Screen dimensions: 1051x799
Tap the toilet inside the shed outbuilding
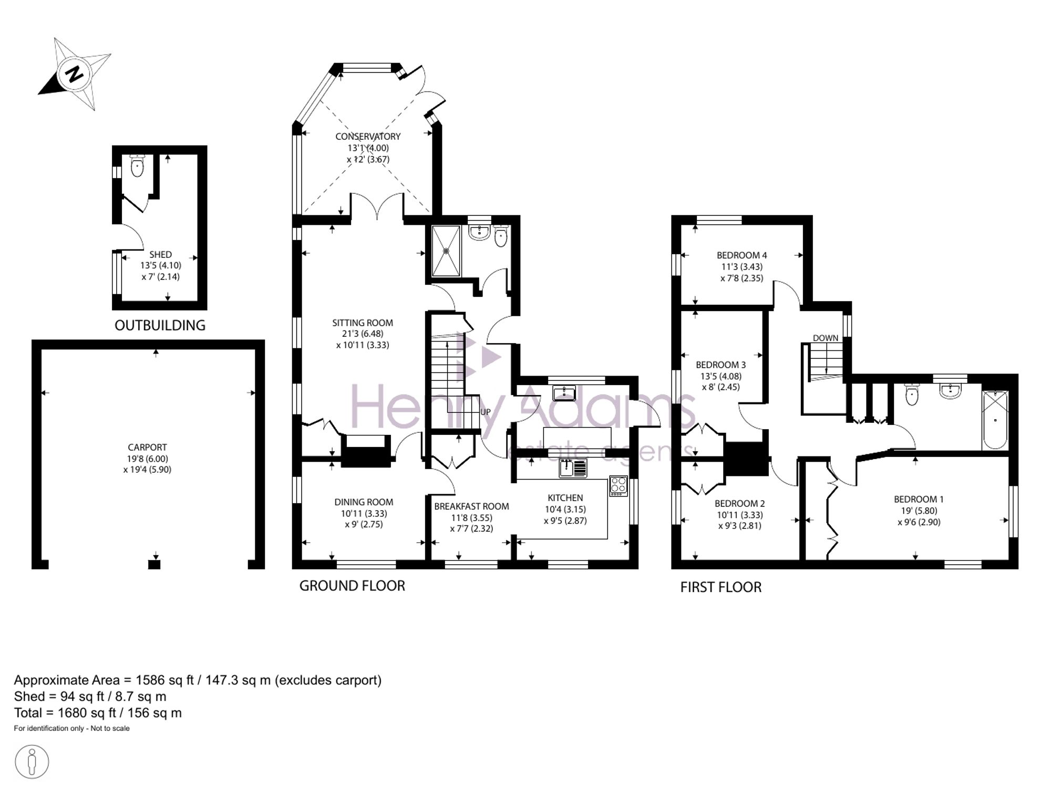tap(137, 165)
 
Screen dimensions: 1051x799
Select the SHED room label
tap(160, 254)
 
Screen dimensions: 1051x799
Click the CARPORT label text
tap(147, 447)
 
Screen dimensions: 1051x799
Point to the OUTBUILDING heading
tap(160, 325)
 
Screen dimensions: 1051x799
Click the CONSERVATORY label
tap(368, 137)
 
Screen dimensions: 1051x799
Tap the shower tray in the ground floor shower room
tap(446, 251)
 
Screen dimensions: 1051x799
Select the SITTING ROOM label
tap(363, 323)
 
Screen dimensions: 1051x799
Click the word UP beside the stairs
tap(485, 412)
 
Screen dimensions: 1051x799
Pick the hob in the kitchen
tap(619, 486)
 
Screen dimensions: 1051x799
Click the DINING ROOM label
tap(364, 502)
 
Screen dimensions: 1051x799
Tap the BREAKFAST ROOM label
tap(471, 506)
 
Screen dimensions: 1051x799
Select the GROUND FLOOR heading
tap(352, 586)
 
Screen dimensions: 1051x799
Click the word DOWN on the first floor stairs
tap(826, 338)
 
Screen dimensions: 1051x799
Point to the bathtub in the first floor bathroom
tap(995, 420)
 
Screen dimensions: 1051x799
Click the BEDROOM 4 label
tap(741, 255)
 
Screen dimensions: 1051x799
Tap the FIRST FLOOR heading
tap(721, 587)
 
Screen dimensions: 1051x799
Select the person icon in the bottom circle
tap(32, 762)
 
